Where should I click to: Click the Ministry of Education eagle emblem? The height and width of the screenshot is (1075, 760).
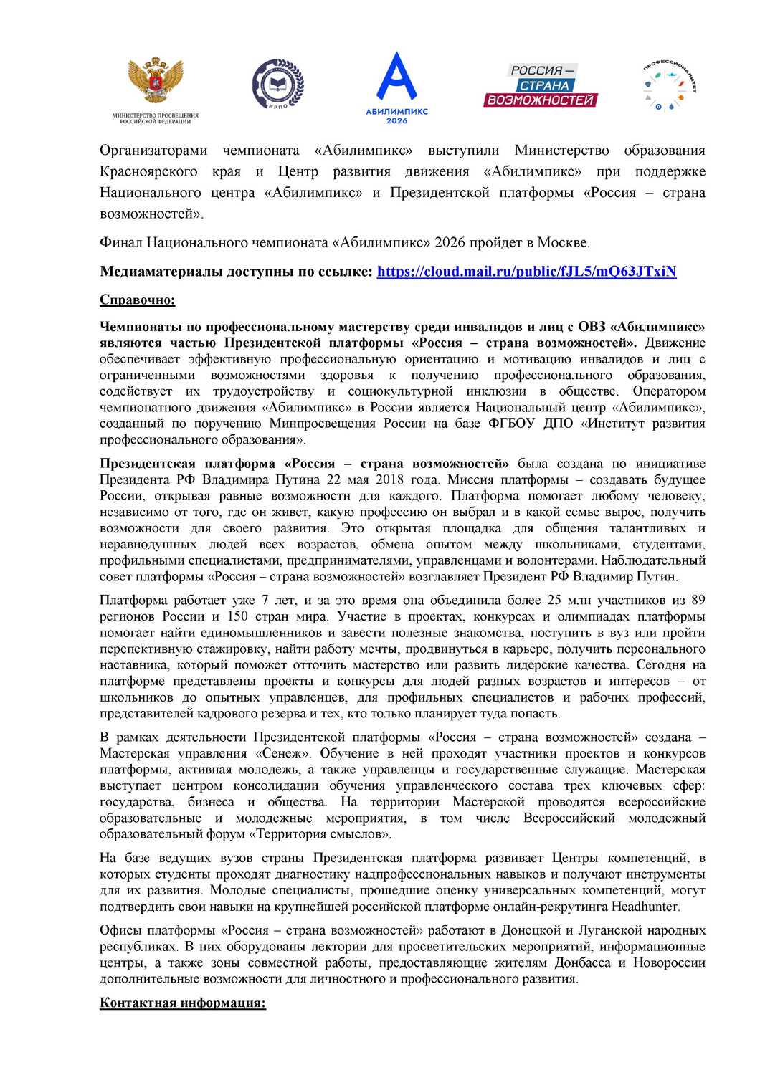tap(156, 81)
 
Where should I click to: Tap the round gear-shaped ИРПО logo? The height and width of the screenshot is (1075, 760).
tap(278, 85)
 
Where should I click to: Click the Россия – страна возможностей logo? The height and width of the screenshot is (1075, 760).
tap(541, 85)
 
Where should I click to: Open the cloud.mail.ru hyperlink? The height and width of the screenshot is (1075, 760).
tap(526, 272)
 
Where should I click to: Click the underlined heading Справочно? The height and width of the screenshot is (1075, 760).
tap(137, 300)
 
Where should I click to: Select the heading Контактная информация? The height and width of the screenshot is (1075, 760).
tap(183, 1003)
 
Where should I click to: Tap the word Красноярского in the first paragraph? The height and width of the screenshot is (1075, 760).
tap(148, 172)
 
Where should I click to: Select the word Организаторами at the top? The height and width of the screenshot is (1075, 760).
tap(153, 150)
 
